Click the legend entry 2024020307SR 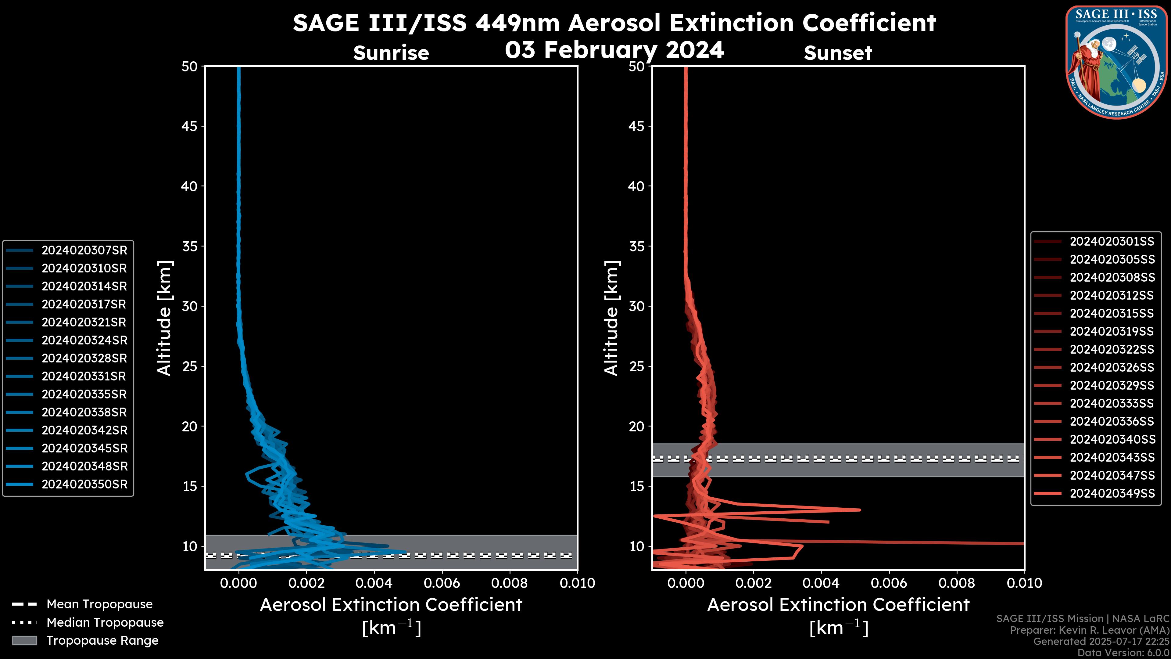pyautogui.click(x=84, y=250)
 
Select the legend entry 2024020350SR pyautogui.click(x=84, y=484)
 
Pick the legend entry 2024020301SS pyautogui.click(x=1112, y=242)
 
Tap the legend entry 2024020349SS pyautogui.click(x=1112, y=493)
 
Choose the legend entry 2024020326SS pyautogui.click(x=1112, y=367)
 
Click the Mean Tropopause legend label pyautogui.click(x=99, y=604)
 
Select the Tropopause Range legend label pyautogui.click(x=102, y=641)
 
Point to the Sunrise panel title pyautogui.click(x=391, y=53)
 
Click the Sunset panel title pyautogui.click(x=838, y=53)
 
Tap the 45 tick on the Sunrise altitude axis pyautogui.click(x=190, y=126)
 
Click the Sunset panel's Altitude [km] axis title pyautogui.click(x=611, y=318)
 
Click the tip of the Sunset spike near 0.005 pyautogui.click(x=859, y=510)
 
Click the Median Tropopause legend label pyautogui.click(x=105, y=623)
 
